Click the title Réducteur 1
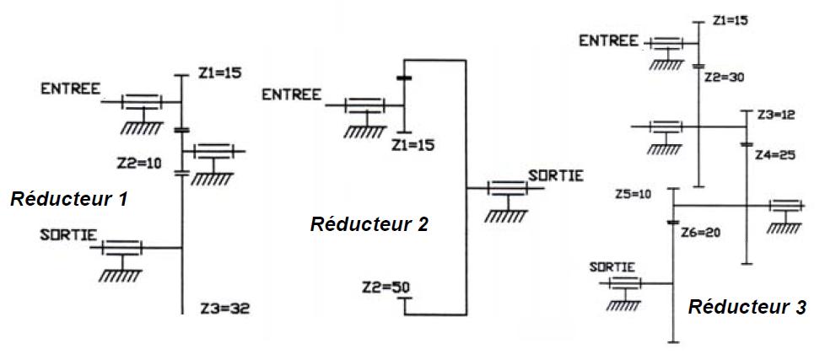[68, 200]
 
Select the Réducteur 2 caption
[369, 224]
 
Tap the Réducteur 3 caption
[747, 307]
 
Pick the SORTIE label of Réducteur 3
[612, 267]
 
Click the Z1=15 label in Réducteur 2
[413, 145]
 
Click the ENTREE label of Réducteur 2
[291, 94]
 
